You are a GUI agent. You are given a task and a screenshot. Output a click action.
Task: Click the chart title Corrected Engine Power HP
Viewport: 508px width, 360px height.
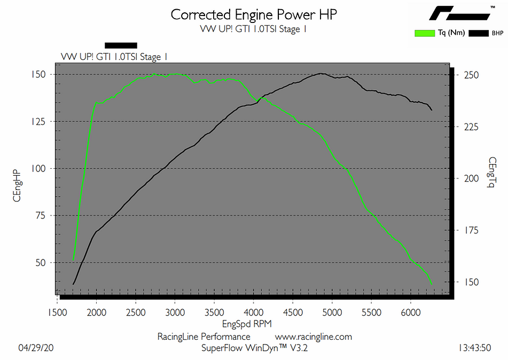254,14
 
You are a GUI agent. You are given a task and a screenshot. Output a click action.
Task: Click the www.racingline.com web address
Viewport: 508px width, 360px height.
314,336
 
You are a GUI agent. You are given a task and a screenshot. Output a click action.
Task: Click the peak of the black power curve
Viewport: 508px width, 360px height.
321,73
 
